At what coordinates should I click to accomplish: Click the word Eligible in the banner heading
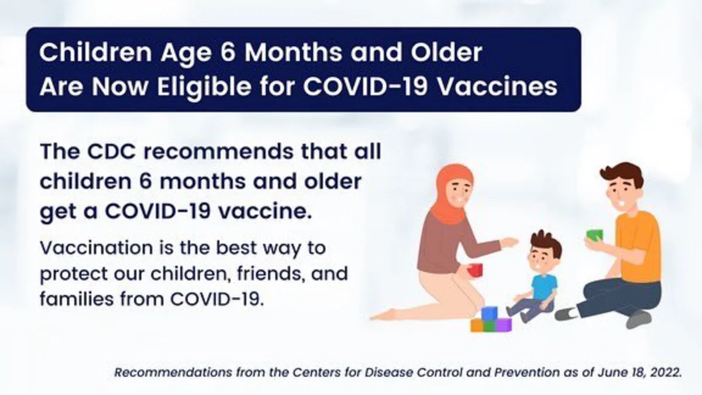pyautogui.click(x=204, y=87)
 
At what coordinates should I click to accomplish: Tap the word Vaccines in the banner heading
pyautogui.click(x=497, y=87)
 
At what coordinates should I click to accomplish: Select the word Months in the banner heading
pyautogui.click(x=293, y=52)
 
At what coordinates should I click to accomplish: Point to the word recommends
pyautogui.click(x=219, y=152)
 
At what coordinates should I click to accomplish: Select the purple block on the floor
pyautogui.click(x=504, y=325)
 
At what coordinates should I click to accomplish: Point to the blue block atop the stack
pyautogui.click(x=489, y=313)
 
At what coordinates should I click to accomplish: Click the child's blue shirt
pyautogui.click(x=543, y=287)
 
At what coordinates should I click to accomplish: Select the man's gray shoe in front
pyautogui.click(x=638, y=319)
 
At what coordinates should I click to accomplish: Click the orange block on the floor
pyautogui.click(x=476, y=325)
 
